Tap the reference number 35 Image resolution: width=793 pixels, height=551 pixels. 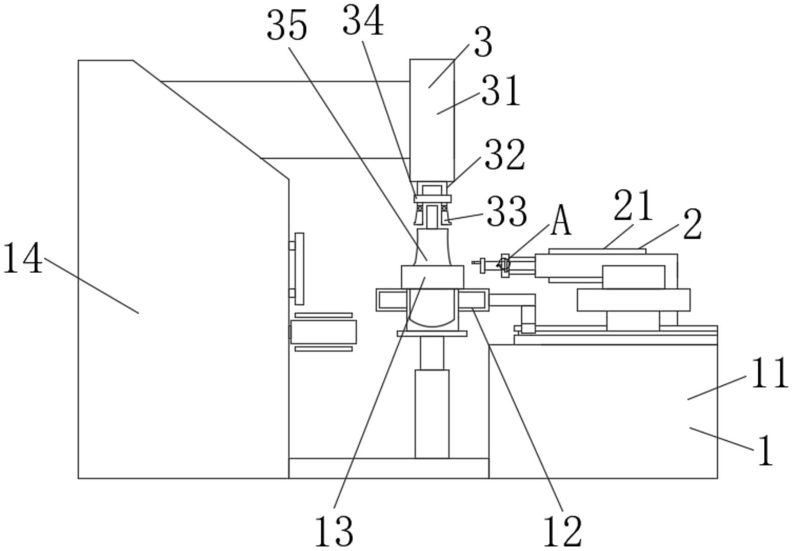coord(287,26)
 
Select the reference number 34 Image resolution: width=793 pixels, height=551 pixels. coord(363,21)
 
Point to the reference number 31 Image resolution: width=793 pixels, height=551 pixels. coord(500,91)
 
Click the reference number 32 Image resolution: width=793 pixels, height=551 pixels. coord(505,155)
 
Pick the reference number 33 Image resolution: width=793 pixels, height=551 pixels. coord(506,211)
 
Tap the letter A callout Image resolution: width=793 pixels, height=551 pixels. coord(560,221)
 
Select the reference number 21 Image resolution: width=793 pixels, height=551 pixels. coord(633,206)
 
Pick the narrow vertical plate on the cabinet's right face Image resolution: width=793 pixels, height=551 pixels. coord(300,269)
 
